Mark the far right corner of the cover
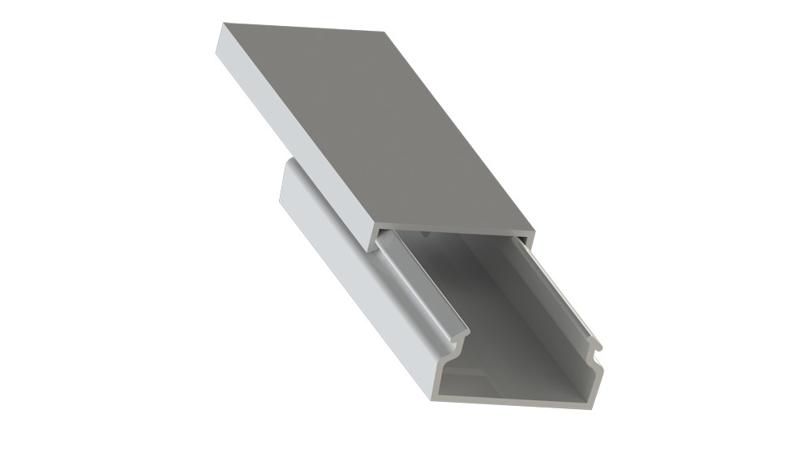pyautogui.click(x=384, y=32)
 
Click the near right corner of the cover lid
pyautogui.click(x=533, y=232)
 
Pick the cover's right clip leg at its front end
pyautogui.click(x=528, y=241)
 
